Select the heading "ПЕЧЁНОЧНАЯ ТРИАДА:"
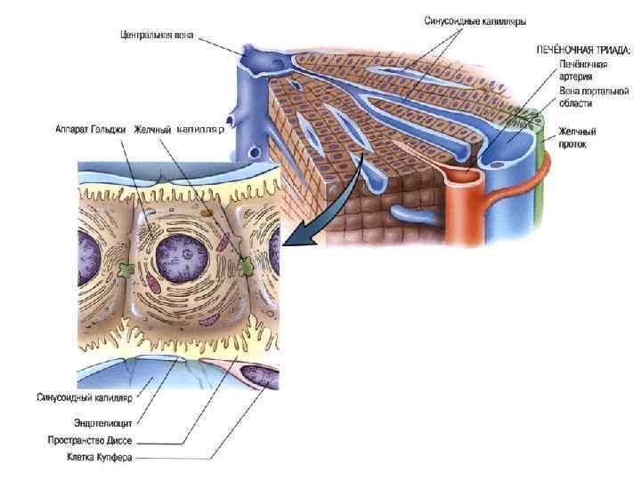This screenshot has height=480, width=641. [x=583, y=52]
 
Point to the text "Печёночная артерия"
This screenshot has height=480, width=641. [x=583, y=70]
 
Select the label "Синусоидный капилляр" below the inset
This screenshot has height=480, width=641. [x=85, y=397]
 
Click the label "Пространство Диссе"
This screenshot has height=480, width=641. [x=92, y=440]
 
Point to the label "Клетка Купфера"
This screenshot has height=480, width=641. [x=100, y=457]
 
